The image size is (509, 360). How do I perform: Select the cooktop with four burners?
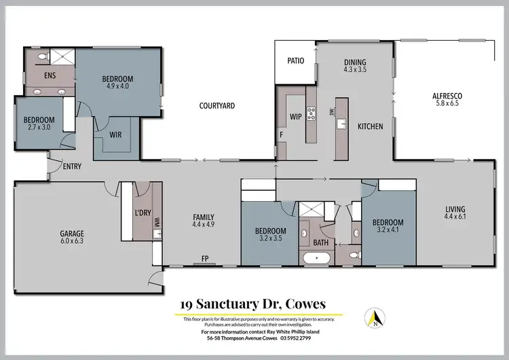point(312,114)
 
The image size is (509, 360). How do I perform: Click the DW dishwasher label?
point(332,112)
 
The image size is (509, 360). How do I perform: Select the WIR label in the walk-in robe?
point(115,134)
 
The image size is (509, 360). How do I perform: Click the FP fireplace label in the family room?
point(204,259)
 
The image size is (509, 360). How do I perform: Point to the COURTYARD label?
point(216,106)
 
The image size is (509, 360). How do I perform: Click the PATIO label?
point(295,60)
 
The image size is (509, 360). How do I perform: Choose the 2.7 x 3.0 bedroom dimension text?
point(39,128)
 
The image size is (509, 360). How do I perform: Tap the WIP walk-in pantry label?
point(295,117)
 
